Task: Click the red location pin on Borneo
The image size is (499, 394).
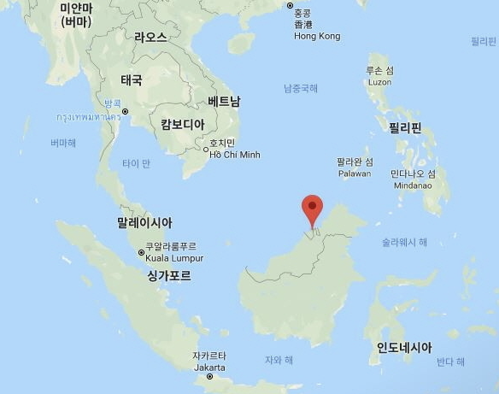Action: pyautogui.click(x=314, y=207)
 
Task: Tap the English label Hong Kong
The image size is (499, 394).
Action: pyautogui.click(x=316, y=37)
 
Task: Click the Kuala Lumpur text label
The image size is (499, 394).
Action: pyautogui.click(x=176, y=258)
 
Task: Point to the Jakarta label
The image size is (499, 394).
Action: pyautogui.click(x=208, y=367)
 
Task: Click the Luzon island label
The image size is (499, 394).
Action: pyautogui.click(x=379, y=81)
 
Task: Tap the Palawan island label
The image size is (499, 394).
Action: pyautogui.click(x=354, y=173)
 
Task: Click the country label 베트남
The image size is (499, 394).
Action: pyautogui.click(x=224, y=102)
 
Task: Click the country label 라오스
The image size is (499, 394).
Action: pyautogui.click(x=150, y=37)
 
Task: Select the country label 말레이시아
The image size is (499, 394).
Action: pyautogui.click(x=144, y=222)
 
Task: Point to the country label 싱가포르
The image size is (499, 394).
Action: pyautogui.click(x=169, y=276)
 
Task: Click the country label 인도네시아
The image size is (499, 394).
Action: pyautogui.click(x=404, y=348)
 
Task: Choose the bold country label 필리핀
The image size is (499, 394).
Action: pyautogui.click(x=405, y=128)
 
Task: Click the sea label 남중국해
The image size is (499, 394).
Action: pyautogui.click(x=301, y=88)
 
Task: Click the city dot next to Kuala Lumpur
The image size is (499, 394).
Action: pyautogui.click(x=142, y=252)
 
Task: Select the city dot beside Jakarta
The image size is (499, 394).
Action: pyautogui.click(x=209, y=377)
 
